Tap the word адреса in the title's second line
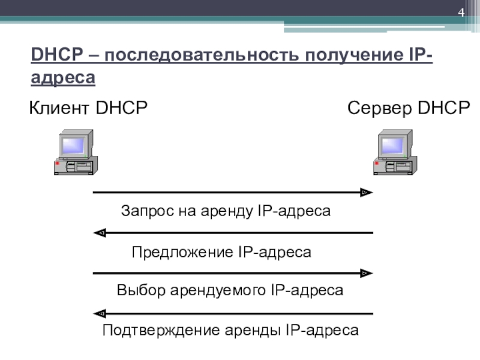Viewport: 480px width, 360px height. coord(63,78)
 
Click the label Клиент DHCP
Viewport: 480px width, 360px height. coord(89,109)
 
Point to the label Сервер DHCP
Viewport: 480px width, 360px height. coord(409,109)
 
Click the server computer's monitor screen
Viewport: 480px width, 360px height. coord(393,146)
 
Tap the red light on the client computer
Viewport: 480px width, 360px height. coord(57,163)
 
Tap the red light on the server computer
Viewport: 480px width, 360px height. coord(376,163)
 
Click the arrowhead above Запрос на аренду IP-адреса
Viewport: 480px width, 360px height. coord(364,193)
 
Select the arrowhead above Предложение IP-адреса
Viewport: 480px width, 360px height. coord(101,233)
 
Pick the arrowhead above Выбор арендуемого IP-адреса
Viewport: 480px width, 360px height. coord(364,273)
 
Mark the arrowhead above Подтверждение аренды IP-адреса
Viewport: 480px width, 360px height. coord(101,313)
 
